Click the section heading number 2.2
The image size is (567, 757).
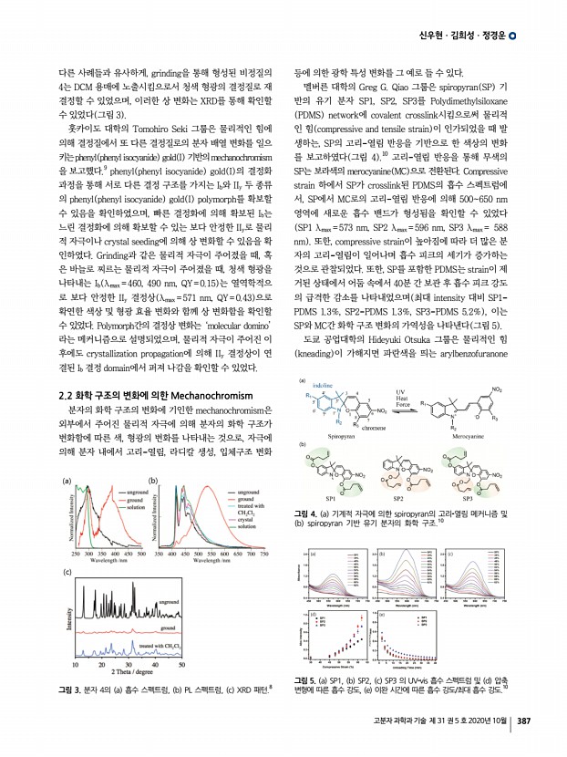tap(68, 418)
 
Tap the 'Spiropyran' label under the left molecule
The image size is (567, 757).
tap(337, 436)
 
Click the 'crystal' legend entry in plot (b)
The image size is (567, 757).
tap(246, 520)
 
